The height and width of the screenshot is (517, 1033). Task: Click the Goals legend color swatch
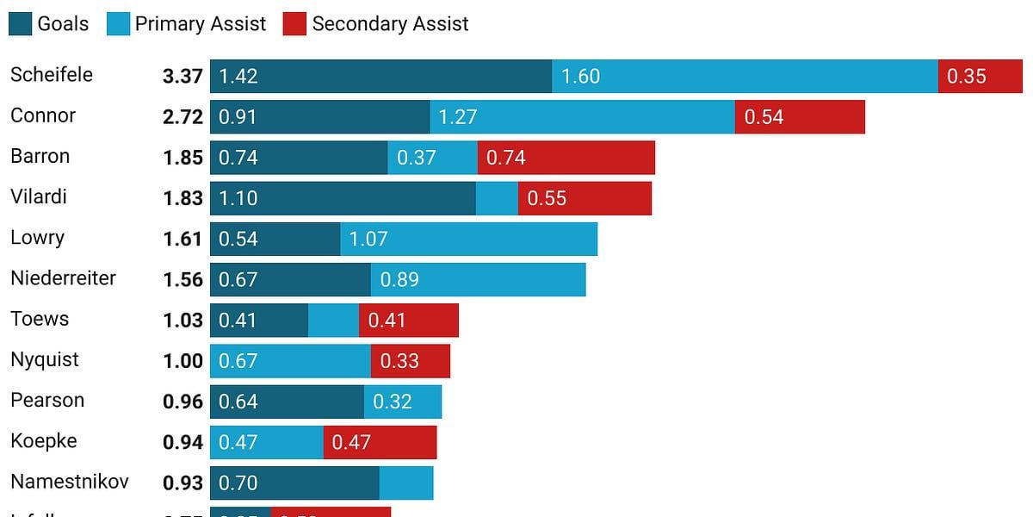pos(20,23)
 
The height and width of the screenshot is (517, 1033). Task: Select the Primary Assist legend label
pos(200,23)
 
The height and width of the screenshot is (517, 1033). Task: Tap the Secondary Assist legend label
pos(390,23)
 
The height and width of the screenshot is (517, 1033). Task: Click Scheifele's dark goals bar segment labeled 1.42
pos(380,76)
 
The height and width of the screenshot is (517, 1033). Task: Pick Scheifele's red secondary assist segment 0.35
pos(980,76)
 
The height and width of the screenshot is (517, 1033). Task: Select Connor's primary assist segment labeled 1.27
pos(582,116)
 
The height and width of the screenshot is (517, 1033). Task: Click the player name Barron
pos(40,156)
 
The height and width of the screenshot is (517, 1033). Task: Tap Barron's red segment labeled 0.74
pos(566,158)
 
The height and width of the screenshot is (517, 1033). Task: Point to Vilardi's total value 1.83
pos(182,198)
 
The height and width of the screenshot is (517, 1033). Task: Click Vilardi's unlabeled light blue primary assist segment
pos(497,198)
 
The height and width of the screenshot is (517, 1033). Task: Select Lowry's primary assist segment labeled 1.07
pos(468,239)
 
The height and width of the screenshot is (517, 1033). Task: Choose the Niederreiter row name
pos(63,278)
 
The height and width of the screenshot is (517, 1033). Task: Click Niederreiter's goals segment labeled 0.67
pos(290,279)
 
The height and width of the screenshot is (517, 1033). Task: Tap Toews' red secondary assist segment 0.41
pos(409,321)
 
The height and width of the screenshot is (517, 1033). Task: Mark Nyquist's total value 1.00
pos(182,361)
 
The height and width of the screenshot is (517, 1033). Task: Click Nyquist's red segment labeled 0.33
pos(410,361)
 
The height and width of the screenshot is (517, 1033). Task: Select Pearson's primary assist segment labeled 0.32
pos(403,402)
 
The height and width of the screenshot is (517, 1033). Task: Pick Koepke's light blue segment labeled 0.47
pos(266,442)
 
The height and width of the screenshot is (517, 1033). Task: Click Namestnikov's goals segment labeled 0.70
pos(294,483)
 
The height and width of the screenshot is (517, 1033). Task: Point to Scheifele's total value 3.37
pos(182,76)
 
